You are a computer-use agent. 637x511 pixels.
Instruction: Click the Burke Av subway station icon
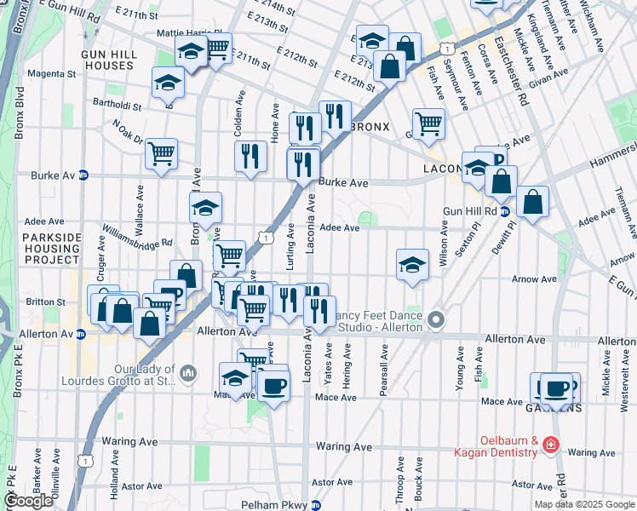(83, 175)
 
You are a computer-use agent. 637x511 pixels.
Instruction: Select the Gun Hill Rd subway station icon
(504, 210)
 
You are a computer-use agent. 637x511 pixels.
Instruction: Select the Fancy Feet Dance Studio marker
(437, 320)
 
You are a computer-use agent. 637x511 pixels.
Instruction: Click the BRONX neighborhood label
(369, 127)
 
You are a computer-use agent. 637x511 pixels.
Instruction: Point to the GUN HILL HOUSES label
(108, 59)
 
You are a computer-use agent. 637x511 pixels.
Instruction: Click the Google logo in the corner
(29, 501)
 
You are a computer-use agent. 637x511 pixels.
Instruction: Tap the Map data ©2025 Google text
(584, 504)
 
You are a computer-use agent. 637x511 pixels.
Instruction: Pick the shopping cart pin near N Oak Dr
(161, 153)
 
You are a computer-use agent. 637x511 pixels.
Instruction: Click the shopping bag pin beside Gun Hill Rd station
(532, 201)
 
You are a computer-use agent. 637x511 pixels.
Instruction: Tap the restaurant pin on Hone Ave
(250, 155)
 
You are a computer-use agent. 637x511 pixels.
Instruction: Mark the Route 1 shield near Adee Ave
(267, 239)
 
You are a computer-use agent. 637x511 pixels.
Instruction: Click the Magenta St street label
(46, 74)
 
